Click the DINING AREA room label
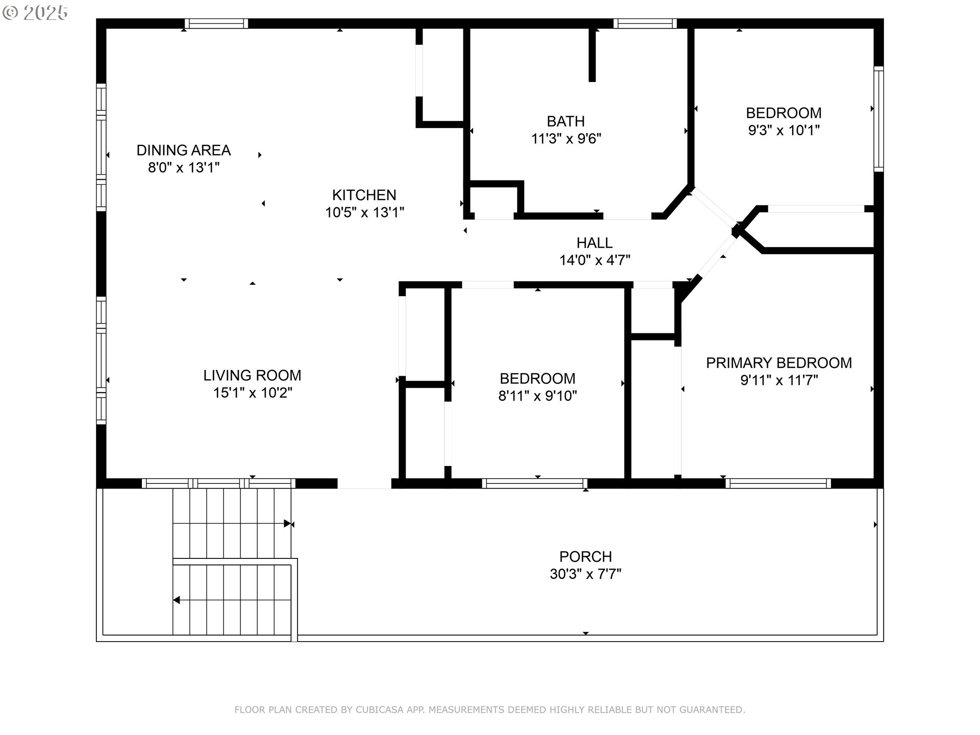pos(184,150)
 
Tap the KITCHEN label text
pos(364,195)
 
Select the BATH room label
pos(566,121)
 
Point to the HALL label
pos(595,243)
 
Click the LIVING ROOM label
pos(252,376)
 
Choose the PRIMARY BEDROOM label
pos(779,363)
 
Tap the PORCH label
pos(585,556)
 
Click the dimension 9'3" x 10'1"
pos(784,130)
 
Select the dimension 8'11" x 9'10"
pos(537,396)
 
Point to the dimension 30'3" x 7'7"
pos(585,574)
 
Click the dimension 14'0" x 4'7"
pos(595,260)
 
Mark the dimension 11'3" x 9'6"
pos(566,139)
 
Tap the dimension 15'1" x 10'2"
pos(253,393)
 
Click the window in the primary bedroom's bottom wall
pos(778,483)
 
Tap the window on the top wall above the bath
pos(645,23)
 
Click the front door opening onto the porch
pos(364,484)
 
